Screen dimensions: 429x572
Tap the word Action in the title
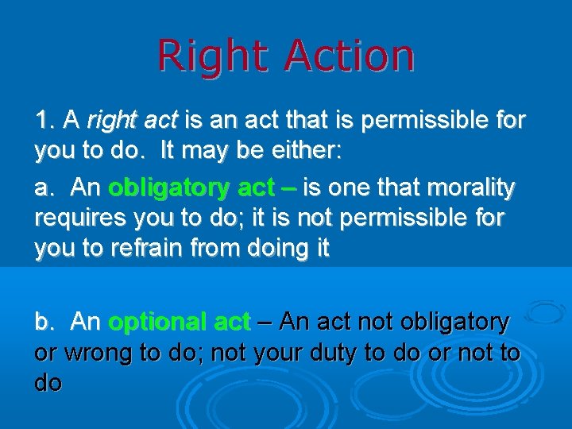pyautogui.click(x=349, y=57)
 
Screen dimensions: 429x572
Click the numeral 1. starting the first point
pyautogui.click(x=45, y=121)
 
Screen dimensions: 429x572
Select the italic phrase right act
pyautogui.click(x=132, y=121)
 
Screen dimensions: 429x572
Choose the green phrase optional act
pyautogui.click(x=180, y=322)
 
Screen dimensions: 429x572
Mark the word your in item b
pyautogui.click(x=269, y=352)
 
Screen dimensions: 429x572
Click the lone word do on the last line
pyautogui.click(x=48, y=382)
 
